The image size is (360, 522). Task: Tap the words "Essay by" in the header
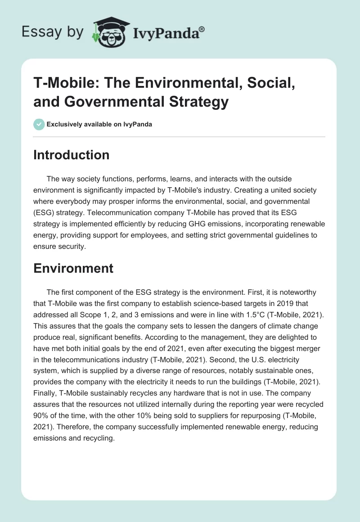[52, 32]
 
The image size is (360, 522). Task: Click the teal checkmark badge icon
[39, 124]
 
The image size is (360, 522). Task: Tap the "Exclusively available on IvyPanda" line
[99, 124]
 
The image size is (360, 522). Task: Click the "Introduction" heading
[71, 155]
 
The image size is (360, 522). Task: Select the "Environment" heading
[73, 268]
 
